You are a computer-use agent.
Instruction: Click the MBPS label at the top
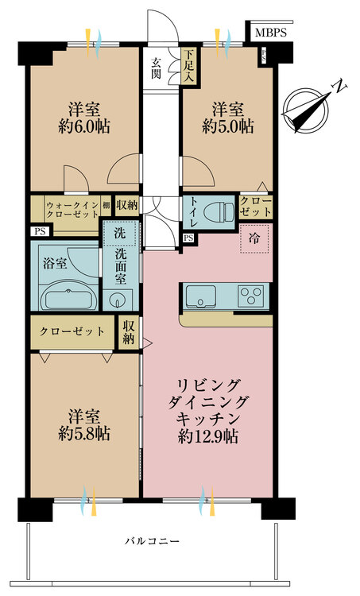click(271, 33)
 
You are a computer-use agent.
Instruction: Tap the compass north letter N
click(340, 87)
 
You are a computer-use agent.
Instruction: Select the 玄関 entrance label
click(157, 68)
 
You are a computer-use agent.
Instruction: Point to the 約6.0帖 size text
click(84, 126)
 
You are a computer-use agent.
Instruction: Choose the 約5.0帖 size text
click(228, 126)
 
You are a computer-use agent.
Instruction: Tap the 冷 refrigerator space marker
click(254, 238)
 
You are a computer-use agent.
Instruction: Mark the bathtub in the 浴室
click(68, 297)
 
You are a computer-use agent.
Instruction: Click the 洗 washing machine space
click(120, 233)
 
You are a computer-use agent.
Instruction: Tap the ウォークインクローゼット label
click(72, 210)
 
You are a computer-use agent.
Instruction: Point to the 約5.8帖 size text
click(84, 433)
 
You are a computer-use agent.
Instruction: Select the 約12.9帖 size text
click(208, 437)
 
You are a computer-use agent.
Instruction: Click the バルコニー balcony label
click(152, 540)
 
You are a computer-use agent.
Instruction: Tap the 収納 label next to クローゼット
click(128, 332)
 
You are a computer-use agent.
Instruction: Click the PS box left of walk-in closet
click(40, 231)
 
